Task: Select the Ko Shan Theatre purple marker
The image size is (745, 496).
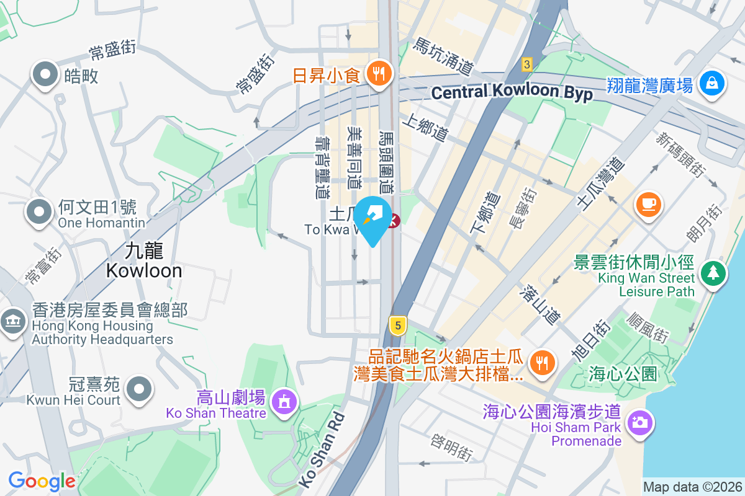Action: [x=284, y=401]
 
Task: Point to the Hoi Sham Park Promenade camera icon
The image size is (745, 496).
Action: [x=639, y=422]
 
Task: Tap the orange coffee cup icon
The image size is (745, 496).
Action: [x=649, y=203]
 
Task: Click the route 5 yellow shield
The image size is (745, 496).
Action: [x=397, y=324]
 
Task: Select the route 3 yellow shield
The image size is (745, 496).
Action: [x=527, y=64]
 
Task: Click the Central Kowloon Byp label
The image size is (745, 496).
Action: [x=512, y=93]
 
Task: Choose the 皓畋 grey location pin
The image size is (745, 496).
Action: [x=45, y=74]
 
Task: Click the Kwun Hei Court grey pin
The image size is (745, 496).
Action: [x=139, y=389]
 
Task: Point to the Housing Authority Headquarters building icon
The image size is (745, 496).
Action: [x=12, y=322]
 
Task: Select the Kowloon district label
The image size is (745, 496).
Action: [x=144, y=260]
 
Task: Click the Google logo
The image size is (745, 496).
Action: [x=42, y=481]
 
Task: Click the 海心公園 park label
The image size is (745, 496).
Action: [x=623, y=374]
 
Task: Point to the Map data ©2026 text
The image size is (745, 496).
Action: [x=692, y=487]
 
